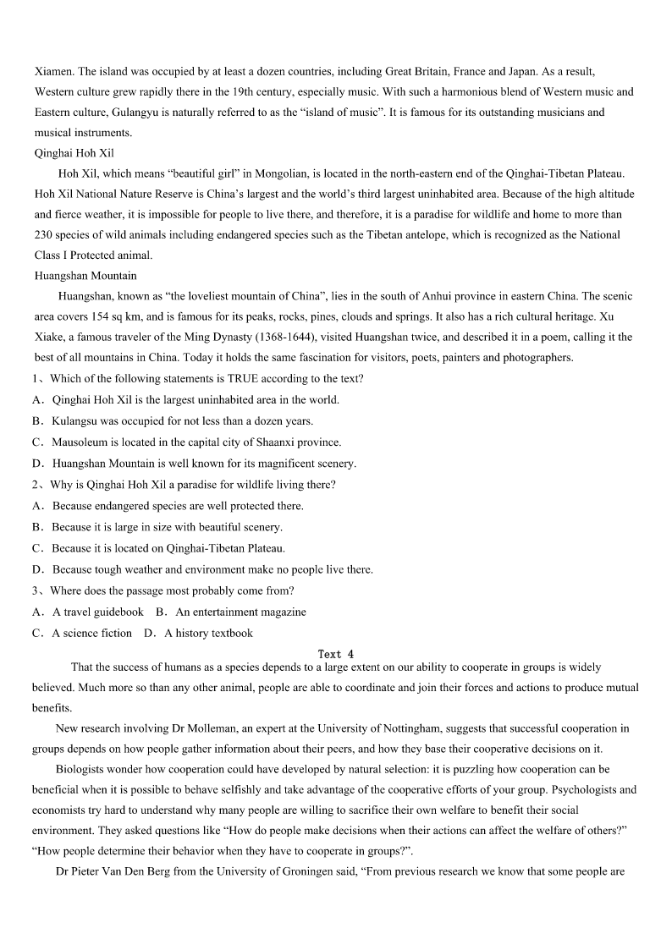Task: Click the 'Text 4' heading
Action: [x=336, y=654]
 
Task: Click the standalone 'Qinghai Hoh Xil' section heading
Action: [x=74, y=153]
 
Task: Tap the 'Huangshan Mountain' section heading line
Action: [x=85, y=276]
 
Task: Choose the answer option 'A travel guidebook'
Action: [x=98, y=612]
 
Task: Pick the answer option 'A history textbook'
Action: [x=208, y=633]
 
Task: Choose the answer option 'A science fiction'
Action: [x=91, y=633]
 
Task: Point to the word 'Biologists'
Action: [x=84, y=770]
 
